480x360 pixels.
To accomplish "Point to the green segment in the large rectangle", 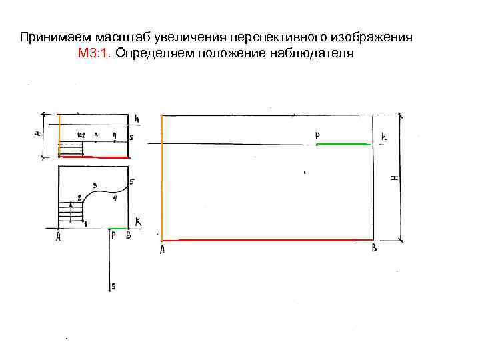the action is (x=343, y=144).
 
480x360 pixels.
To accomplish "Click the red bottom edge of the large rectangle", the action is (x=267, y=239).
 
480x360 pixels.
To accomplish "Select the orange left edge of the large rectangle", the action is (x=162, y=177).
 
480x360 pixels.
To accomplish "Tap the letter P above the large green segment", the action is (x=317, y=135).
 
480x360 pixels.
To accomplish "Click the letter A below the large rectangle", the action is (x=163, y=250).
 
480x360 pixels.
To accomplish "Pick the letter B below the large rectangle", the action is (x=374, y=249).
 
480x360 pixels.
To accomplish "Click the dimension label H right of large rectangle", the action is (x=394, y=178).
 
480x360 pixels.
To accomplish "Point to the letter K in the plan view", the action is (x=138, y=221).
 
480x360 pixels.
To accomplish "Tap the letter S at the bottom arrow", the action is (x=113, y=287).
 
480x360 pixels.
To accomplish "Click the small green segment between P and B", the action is (x=118, y=228).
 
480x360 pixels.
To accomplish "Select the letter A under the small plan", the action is (x=59, y=236).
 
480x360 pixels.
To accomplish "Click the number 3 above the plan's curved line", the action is (x=95, y=185).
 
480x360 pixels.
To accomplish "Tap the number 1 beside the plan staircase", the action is (x=85, y=224).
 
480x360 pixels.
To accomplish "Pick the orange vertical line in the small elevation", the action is (x=59, y=135).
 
